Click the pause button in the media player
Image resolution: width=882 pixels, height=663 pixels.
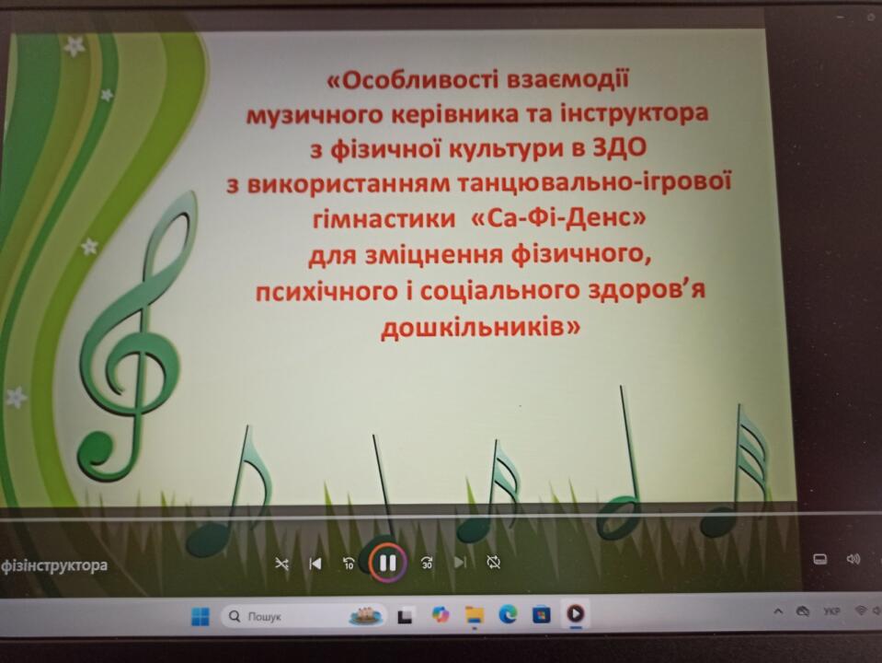pyautogui.click(x=387, y=563)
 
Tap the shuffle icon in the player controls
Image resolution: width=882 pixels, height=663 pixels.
pyautogui.click(x=281, y=563)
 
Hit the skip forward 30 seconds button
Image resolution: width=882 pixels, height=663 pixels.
pyautogui.click(x=427, y=563)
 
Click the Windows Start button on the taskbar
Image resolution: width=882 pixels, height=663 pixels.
pyautogui.click(x=200, y=616)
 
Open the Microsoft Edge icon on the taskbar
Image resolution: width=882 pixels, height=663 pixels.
pyautogui.click(x=508, y=614)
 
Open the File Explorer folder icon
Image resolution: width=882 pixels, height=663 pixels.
pyautogui.click(x=475, y=615)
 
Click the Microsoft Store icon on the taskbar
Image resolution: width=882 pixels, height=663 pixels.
pyautogui.click(x=541, y=614)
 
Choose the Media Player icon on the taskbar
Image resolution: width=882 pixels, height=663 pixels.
pyautogui.click(x=575, y=613)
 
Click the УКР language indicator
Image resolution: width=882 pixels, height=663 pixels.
pyautogui.click(x=831, y=611)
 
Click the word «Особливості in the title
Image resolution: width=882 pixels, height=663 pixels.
pyautogui.click(x=413, y=80)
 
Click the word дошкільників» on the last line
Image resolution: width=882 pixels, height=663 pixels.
pyautogui.click(x=480, y=327)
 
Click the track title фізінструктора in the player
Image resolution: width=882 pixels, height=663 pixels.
pyautogui.click(x=54, y=565)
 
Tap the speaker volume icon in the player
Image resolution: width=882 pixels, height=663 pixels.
pyautogui.click(x=853, y=559)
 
